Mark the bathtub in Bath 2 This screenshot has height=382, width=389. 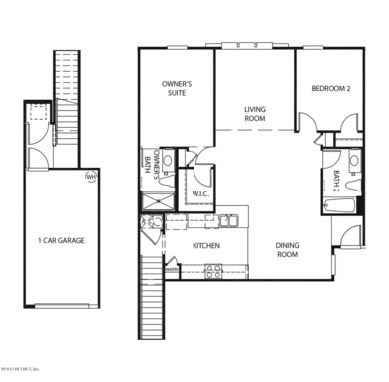click(x=340, y=207)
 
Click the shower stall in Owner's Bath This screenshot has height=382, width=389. click(x=157, y=202)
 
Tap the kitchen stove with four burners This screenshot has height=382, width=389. click(x=212, y=270)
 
